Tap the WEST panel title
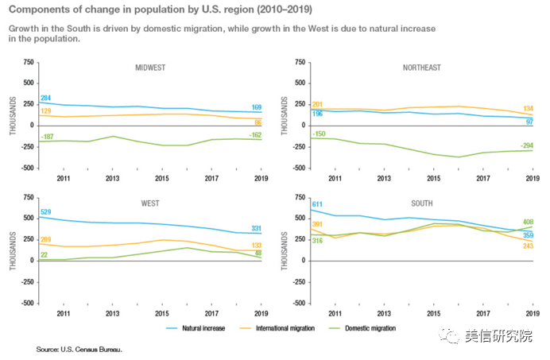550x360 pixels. [x=149, y=203]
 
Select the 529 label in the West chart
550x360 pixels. [x=47, y=211]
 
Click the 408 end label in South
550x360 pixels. [x=527, y=223]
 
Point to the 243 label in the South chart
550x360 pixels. [x=527, y=245]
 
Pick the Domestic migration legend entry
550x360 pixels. [x=368, y=327]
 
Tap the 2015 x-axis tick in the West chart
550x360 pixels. [x=162, y=313]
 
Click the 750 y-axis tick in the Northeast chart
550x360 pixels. [x=300, y=61]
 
